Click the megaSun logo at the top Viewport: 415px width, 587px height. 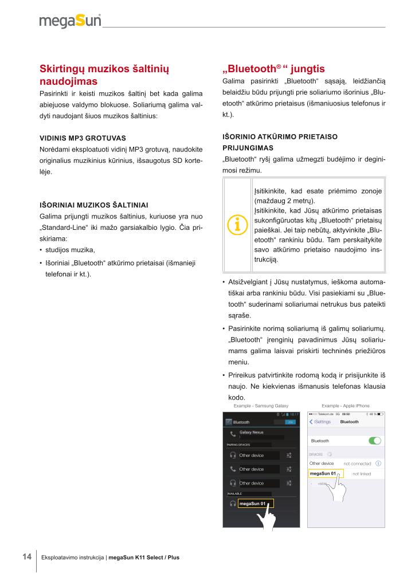[70, 22]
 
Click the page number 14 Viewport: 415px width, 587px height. [27, 556]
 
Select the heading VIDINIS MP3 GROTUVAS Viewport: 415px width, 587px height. [83, 138]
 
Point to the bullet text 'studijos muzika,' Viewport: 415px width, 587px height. [70, 249]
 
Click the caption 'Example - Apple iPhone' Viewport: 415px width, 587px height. [346, 406]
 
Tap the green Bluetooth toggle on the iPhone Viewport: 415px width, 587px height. [375, 441]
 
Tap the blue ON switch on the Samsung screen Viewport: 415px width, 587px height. [290, 421]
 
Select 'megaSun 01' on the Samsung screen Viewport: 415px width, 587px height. [253, 504]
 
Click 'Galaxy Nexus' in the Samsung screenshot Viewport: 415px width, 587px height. [251, 432]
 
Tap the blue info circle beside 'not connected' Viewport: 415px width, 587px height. [378, 463]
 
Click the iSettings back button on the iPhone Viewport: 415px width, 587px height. [320, 422]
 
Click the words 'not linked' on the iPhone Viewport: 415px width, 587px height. [362, 474]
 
